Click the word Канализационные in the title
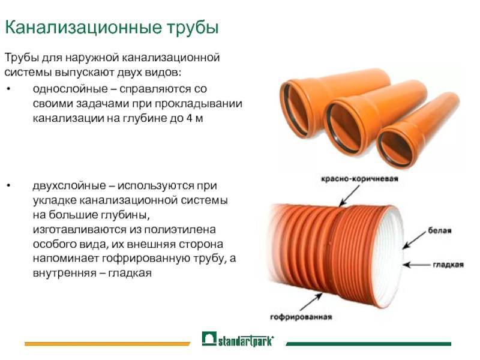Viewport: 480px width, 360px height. [x=83, y=27]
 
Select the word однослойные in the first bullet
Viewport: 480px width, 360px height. [x=70, y=89]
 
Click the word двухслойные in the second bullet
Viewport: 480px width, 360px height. [x=69, y=186]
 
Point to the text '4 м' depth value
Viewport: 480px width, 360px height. [x=194, y=118]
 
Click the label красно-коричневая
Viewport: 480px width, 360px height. [x=359, y=179]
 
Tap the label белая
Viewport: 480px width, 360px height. [x=440, y=230]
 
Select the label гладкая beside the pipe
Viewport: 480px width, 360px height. [x=448, y=265]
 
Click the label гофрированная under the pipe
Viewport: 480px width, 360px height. [x=301, y=317]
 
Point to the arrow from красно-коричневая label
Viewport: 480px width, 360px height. [x=349, y=196]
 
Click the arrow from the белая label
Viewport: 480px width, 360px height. [x=414, y=239]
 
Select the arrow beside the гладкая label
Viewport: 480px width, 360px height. [x=416, y=265]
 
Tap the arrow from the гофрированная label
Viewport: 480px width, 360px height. [x=311, y=302]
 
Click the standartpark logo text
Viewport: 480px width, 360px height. [x=246, y=341]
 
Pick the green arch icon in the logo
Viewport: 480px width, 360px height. [x=209, y=338]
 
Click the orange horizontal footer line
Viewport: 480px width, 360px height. [x=107, y=344]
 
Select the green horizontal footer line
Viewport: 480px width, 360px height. [x=368, y=344]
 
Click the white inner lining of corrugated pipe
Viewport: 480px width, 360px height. [x=389, y=257]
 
